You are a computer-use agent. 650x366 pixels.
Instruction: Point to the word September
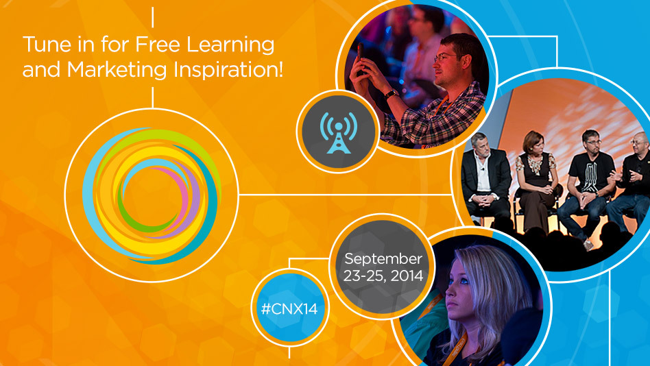point(383,260)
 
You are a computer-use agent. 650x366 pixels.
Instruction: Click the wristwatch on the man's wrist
point(390,94)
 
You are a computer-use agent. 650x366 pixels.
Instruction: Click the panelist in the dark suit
point(487,175)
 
